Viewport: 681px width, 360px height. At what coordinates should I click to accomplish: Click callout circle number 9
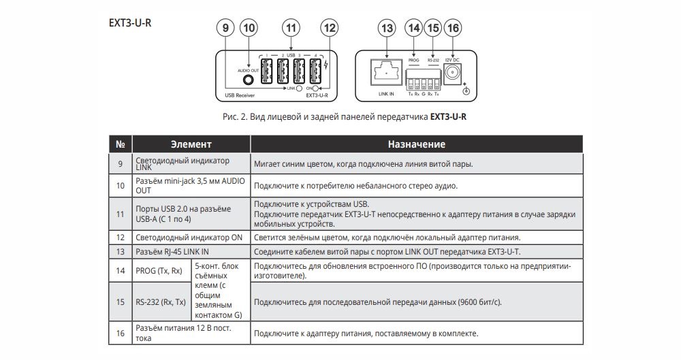pos(225,28)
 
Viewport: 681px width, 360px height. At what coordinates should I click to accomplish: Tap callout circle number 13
pos(387,28)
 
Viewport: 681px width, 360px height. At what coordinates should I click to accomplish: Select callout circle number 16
pos(453,28)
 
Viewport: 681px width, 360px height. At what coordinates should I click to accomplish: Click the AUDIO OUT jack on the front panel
pos(249,80)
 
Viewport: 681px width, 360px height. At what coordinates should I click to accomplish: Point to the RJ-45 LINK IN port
pos(386,73)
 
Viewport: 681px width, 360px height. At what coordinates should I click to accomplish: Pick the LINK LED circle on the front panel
pos(299,88)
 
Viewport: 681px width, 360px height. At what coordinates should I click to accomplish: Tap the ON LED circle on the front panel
pos(316,88)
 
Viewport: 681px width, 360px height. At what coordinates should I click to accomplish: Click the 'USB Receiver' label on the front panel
pos(240,95)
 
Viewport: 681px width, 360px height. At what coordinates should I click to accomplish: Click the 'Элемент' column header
pos(191,144)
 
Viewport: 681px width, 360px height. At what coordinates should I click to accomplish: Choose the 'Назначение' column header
pos(417,144)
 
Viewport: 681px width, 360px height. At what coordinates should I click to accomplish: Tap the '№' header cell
pos(121,144)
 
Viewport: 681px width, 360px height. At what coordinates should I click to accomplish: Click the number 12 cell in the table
pos(121,238)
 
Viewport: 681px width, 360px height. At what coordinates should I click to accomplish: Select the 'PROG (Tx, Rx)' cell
pos(161,271)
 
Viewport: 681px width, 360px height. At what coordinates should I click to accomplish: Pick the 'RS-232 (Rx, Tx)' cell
pos(161,301)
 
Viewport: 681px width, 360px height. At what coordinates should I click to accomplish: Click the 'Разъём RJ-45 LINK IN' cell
pos(191,251)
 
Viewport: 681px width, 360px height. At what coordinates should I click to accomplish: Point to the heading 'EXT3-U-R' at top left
pos(130,23)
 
